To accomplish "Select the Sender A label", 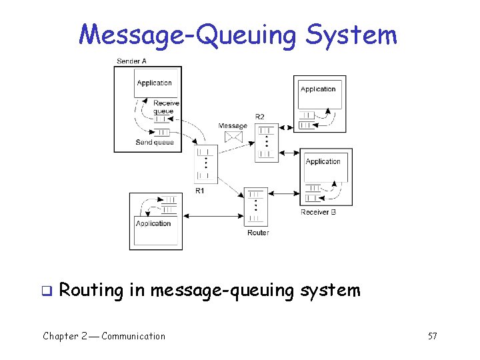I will coord(131,61).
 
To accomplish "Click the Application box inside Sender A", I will coord(154,83).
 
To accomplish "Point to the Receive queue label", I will coord(165,107).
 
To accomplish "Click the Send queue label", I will coord(155,142).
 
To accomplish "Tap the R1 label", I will coord(200,191).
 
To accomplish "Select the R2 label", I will coord(260,117).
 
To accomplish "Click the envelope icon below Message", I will coord(233,137).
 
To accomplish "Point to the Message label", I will coord(233,125).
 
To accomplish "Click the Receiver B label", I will coord(318,212).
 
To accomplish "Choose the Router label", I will coord(258,233).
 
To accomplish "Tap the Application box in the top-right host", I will coord(318,90).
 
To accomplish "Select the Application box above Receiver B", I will coord(323,162).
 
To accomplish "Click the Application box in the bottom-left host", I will coord(154,224).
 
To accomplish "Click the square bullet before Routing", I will coord(47,291).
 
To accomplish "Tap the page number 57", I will coord(432,336).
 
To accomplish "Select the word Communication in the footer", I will coord(133,336).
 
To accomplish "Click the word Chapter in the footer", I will coord(60,336).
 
